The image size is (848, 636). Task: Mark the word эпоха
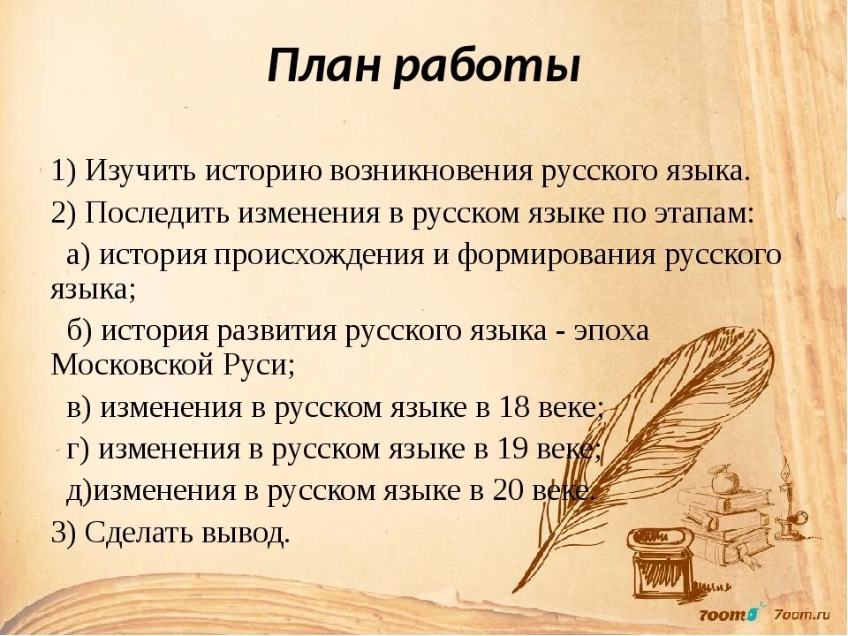tap(611, 331)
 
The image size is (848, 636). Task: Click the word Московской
tap(132, 364)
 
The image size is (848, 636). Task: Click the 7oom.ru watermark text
tap(800, 612)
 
